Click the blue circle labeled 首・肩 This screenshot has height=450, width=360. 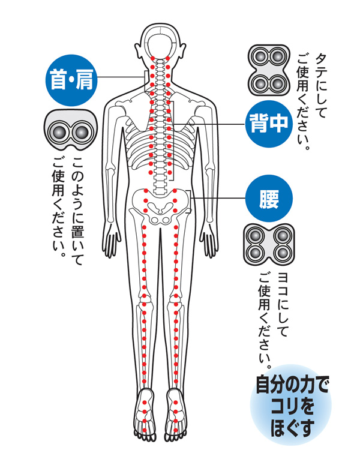(x=71, y=80)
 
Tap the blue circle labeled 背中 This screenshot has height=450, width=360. (x=269, y=124)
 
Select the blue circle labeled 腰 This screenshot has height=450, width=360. (x=269, y=199)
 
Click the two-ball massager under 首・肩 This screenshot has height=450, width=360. (x=71, y=131)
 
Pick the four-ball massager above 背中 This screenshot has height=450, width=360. (x=269, y=70)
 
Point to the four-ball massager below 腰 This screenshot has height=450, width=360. (x=269, y=245)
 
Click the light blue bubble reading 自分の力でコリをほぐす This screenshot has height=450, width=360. (x=291, y=405)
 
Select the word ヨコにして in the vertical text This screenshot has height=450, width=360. (x=283, y=304)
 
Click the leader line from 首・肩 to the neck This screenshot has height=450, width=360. (x=121, y=77)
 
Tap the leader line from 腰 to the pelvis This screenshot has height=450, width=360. (x=218, y=199)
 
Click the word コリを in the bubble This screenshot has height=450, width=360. (x=292, y=406)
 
